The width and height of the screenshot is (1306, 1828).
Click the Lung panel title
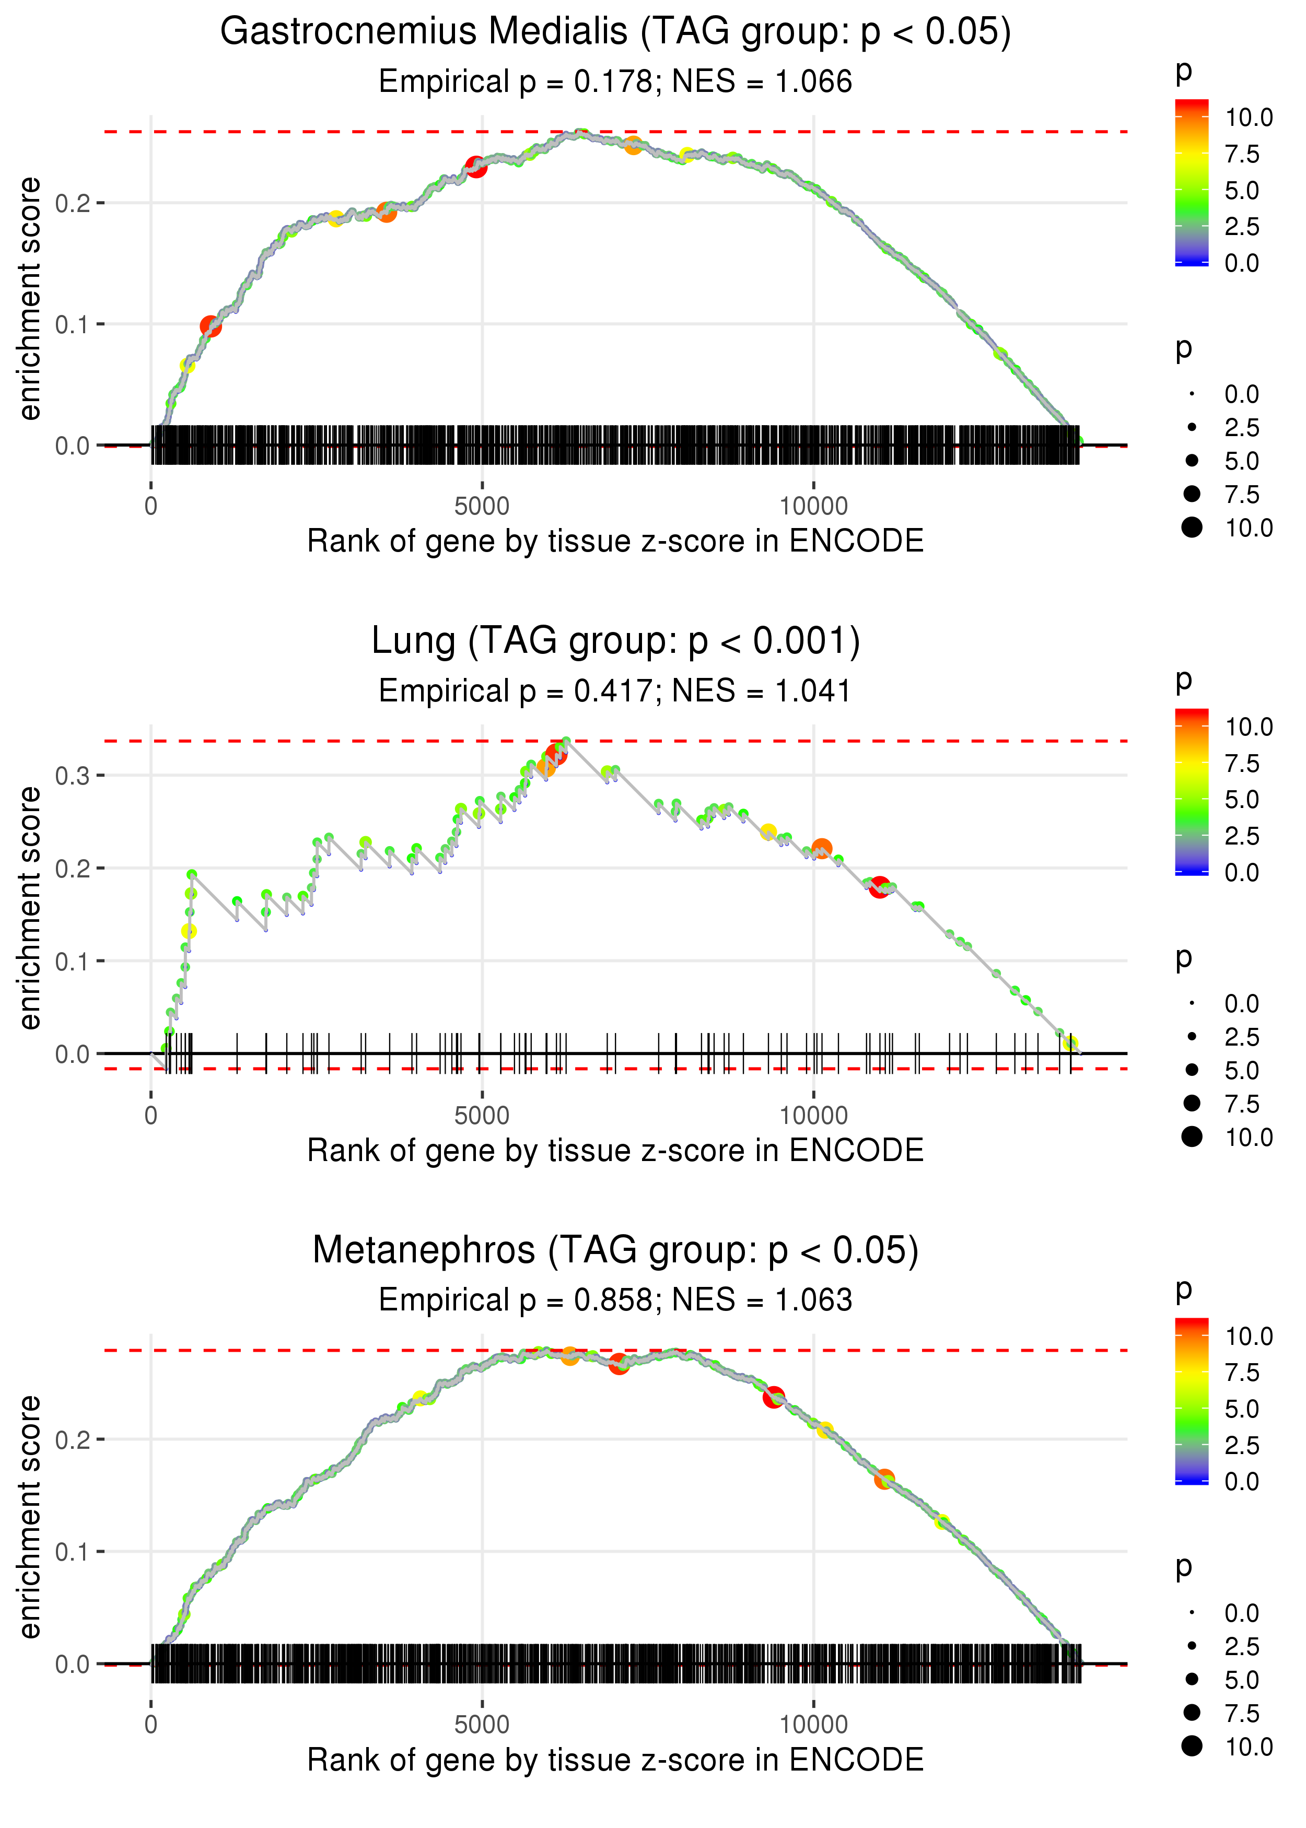[x=615, y=641]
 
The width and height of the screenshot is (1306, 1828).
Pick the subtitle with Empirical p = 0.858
[x=615, y=1300]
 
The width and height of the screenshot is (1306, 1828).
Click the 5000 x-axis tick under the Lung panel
[x=482, y=1116]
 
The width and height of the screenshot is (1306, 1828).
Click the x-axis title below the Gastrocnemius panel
[x=615, y=541]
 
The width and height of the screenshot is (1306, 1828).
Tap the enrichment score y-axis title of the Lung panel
[x=30, y=908]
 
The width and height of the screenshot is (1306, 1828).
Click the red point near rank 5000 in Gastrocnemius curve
[x=476, y=167]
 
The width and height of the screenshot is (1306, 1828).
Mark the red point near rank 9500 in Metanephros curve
[x=774, y=1397]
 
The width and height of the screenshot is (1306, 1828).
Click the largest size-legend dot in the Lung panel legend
[x=1192, y=1136]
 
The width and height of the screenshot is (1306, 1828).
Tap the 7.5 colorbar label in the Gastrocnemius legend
[x=1242, y=155]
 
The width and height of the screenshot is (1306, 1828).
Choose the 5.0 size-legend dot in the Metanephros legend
[x=1192, y=1679]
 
